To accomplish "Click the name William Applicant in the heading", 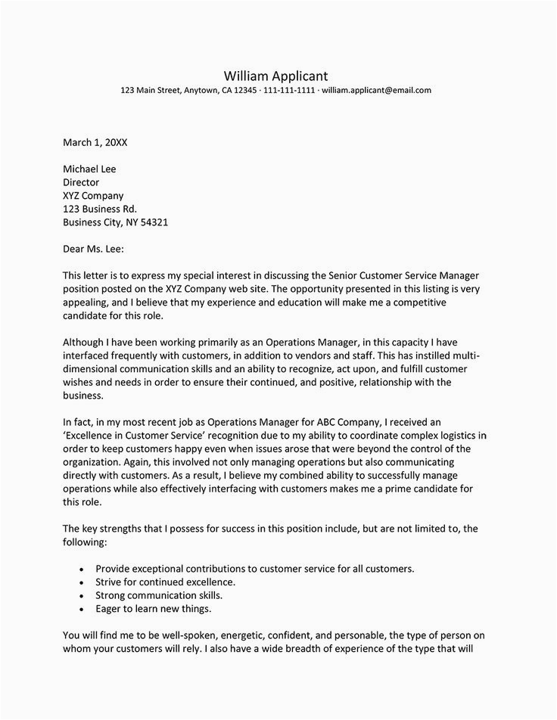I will (x=276, y=76).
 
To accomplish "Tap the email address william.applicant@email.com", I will (x=376, y=91).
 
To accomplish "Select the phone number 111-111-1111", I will (x=289, y=91).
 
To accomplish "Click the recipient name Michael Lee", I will (x=89, y=169).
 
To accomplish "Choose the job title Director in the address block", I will (x=81, y=182).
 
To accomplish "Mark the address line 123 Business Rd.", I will (x=100, y=209).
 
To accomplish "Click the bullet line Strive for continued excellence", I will (x=165, y=582).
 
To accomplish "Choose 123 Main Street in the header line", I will (x=150, y=91).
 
